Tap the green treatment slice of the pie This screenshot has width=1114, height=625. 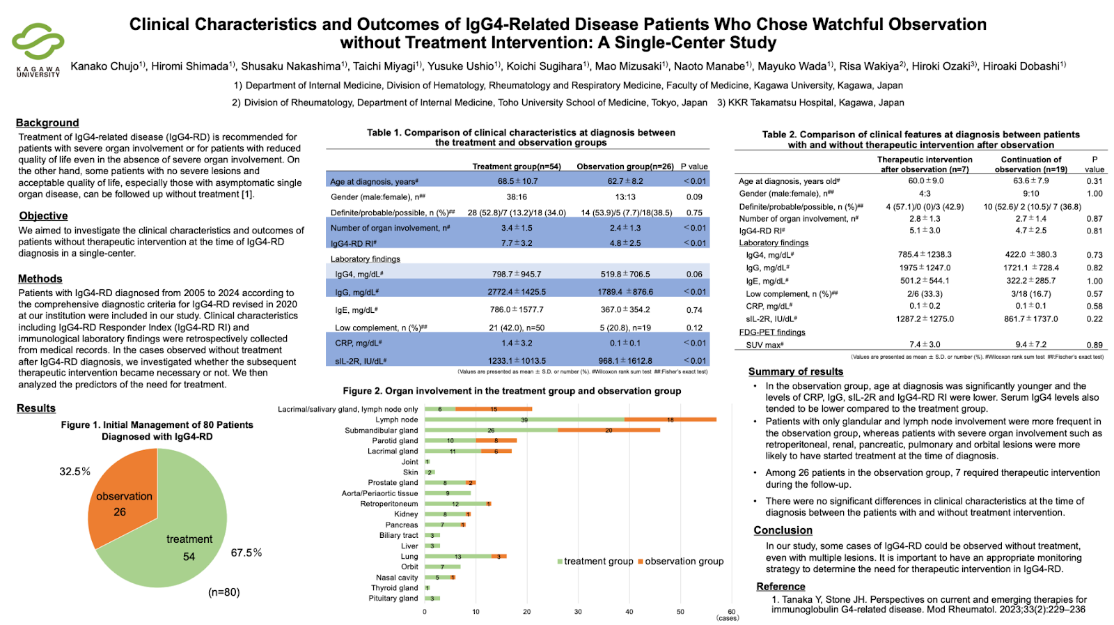coord(181,537)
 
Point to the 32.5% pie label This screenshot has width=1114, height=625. coord(74,472)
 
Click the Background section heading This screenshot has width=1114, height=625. coord(47,123)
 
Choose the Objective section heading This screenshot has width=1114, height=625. coord(43,216)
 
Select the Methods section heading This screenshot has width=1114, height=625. coord(40,279)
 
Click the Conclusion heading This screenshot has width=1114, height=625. coord(783,530)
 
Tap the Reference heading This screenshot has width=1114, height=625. coord(780,587)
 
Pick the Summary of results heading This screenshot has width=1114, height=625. coord(795,372)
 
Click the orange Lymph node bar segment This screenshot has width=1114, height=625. coord(670,419)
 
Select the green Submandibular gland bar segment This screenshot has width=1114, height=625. coord(491,430)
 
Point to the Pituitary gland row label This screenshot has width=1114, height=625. coord(393,599)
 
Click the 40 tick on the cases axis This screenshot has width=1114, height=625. coord(629,612)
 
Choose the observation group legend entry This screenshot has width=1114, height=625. coord(680,562)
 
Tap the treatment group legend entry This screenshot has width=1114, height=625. coord(595,562)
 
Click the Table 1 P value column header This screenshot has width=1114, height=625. coord(694,167)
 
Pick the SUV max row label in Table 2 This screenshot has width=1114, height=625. coord(764,345)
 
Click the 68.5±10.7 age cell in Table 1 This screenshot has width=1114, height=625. coord(517,181)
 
